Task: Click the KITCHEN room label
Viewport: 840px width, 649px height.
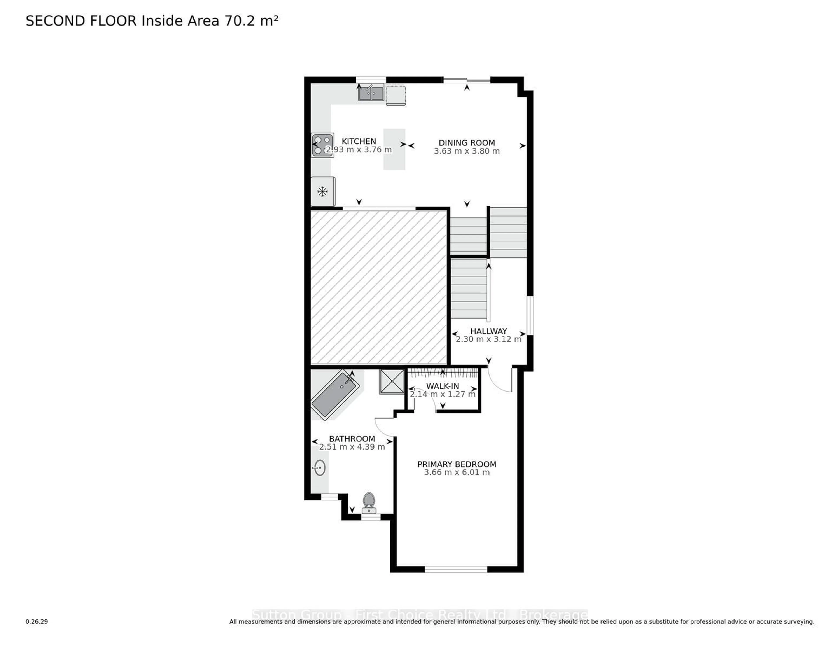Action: [359, 141]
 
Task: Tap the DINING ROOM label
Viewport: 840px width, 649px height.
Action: [467, 143]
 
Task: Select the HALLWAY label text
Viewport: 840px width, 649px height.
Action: [488, 331]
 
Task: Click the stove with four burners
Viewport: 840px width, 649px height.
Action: [322, 145]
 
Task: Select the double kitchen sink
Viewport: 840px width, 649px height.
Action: [371, 93]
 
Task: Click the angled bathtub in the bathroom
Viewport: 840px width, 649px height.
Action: [335, 395]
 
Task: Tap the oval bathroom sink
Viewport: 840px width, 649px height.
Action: [320, 468]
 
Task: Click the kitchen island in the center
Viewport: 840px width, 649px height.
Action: [394, 149]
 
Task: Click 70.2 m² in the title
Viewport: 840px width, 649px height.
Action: [251, 21]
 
